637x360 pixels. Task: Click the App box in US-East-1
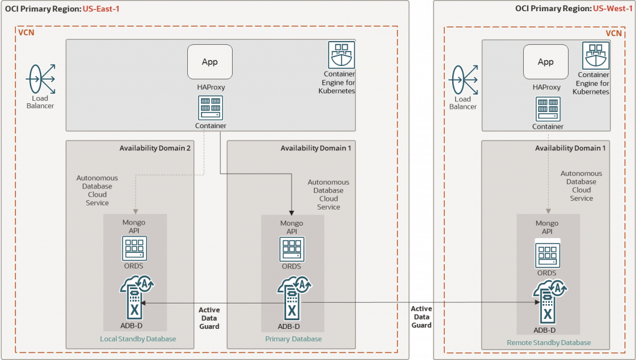tap(210, 62)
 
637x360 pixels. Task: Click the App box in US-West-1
tap(546, 62)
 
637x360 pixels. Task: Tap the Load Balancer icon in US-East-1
tap(40, 79)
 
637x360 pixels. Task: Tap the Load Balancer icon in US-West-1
tap(463, 80)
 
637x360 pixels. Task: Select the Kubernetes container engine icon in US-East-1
tap(342, 55)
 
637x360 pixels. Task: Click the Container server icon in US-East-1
tap(210, 108)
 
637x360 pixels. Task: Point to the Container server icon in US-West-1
tap(547, 109)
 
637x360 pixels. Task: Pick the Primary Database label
tap(294, 339)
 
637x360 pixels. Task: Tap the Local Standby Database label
tap(138, 339)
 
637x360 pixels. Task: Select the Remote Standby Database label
tap(549, 343)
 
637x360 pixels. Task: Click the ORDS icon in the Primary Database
tap(292, 249)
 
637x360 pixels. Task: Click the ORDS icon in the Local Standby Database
tap(133, 248)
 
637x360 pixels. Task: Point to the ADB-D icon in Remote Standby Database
tap(546, 302)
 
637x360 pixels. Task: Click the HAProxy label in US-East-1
tap(211, 88)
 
